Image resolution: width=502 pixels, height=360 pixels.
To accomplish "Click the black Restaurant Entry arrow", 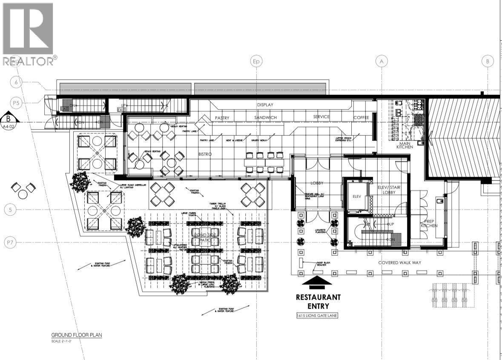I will (318, 281).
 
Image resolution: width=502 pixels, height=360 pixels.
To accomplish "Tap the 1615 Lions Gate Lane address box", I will (318, 316).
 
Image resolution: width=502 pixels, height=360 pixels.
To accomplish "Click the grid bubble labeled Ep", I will (256, 61).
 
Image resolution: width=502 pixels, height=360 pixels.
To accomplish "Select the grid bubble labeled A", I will (382, 61).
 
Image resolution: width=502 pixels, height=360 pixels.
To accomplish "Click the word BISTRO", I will (204, 154).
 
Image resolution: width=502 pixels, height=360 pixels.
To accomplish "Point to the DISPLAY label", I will (265, 105).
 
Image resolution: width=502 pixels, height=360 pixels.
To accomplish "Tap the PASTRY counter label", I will (222, 117).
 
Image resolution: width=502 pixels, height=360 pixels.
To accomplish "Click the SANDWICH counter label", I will (266, 117).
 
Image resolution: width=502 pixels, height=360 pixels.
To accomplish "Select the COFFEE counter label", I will (361, 117).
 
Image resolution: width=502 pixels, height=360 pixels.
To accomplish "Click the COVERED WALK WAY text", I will (399, 263).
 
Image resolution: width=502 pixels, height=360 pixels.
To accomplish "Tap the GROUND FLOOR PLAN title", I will (77, 335).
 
